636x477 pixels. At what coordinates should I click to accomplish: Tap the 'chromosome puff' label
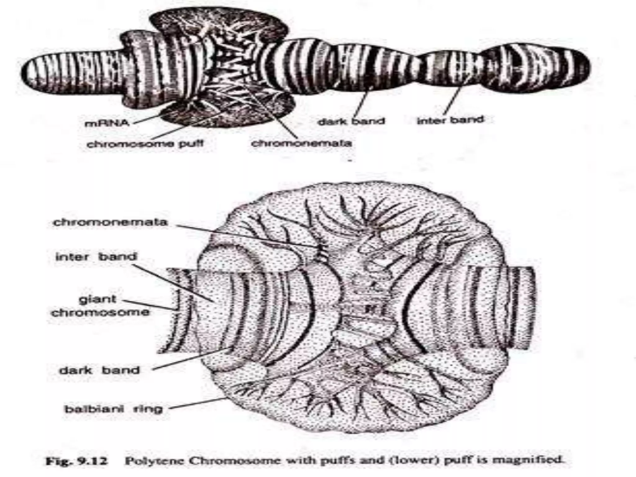point(145,144)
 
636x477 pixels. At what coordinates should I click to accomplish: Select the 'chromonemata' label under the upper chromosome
point(301,143)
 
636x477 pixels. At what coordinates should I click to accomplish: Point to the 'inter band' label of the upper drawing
point(450,120)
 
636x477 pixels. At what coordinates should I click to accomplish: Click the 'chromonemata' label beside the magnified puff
point(110,223)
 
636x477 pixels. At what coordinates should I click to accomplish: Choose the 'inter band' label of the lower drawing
point(96,257)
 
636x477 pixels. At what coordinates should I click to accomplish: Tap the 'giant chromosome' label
point(100,306)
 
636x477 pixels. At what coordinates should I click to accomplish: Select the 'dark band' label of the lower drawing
point(99,370)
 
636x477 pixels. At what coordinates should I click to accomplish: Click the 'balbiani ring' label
point(113,409)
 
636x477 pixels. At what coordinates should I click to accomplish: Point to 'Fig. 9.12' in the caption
point(76,461)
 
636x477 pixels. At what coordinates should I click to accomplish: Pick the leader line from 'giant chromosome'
point(149,305)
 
